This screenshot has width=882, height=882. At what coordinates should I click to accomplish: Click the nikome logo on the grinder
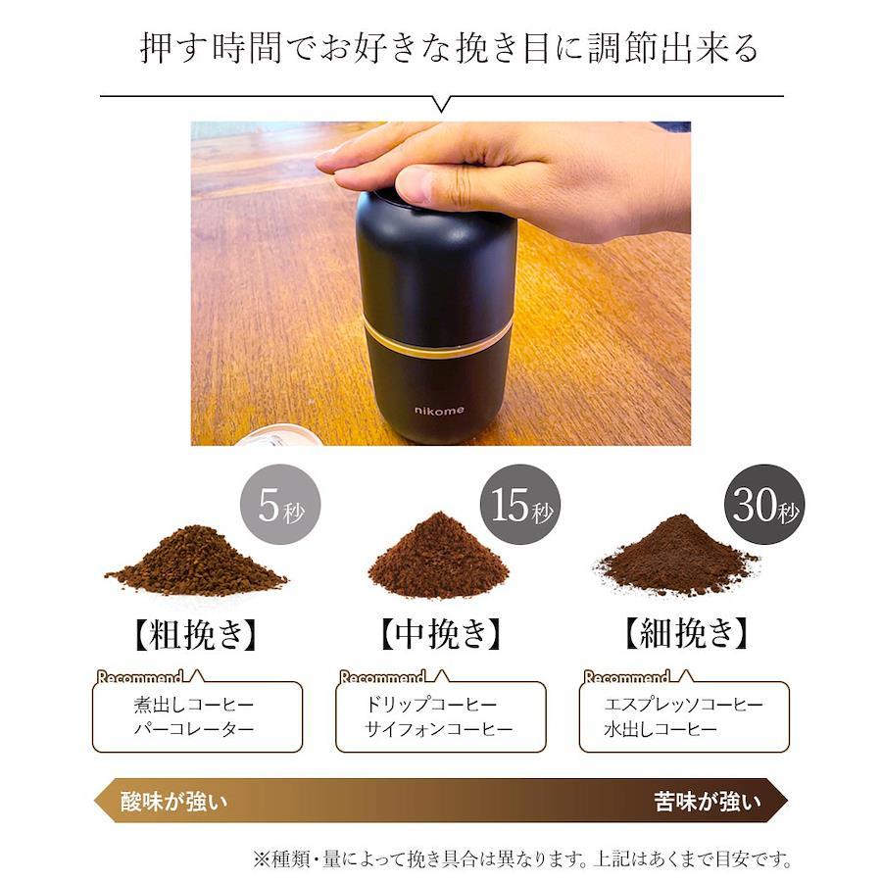tap(439, 410)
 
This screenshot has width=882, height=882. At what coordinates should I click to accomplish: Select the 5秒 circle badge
tap(280, 505)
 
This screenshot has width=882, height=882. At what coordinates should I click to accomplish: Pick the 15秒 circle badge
tap(520, 505)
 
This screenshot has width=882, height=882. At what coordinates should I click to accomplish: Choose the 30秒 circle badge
tap(763, 505)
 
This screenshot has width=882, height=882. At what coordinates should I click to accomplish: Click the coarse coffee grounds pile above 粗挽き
tap(196, 561)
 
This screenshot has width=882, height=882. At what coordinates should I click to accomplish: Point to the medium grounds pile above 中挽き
tap(438, 556)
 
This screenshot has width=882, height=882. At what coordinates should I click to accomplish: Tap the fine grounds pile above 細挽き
tap(676, 557)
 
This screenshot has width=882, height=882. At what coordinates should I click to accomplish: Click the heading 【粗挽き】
tap(196, 634)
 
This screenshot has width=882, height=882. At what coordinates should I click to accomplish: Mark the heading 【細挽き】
tap(686, 633)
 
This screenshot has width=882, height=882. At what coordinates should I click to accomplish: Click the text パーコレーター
tap(194, 729)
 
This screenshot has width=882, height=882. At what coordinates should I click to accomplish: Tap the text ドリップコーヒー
tap(431, 705)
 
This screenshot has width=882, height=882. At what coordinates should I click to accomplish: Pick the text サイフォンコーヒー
tap(439, 729)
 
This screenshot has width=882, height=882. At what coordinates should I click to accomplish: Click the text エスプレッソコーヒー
tap(683, 705)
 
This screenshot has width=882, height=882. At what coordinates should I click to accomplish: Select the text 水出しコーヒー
tap(661, 729)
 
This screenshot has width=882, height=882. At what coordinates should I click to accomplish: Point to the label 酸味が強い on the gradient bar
tap(173, 801)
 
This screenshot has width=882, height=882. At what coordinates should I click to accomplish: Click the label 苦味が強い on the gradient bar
tap(708, 801)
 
